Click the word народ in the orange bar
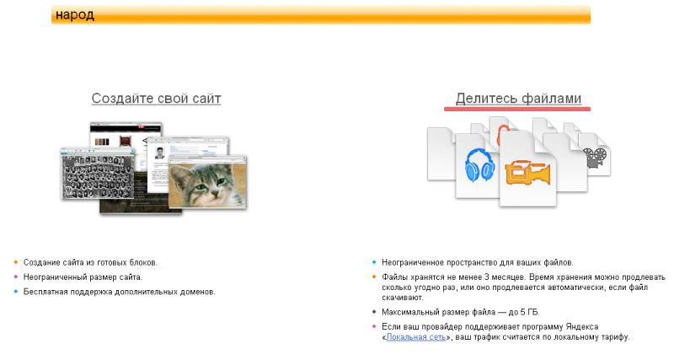(75, 15)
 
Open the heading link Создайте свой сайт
(156, 99)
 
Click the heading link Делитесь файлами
(518, 99)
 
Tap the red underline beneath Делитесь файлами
(517, 110)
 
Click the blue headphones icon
(479, 165)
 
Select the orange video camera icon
(527, 173)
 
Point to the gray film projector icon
(595, 158)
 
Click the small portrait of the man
(160, 153)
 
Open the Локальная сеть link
(415, 337)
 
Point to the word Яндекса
(581, 327)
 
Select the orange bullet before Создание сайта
(16, 262)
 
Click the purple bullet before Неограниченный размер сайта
(16, 277)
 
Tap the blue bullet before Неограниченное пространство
(374, 262)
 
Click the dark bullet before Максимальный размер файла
(374, 312)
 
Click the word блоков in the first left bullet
(143, 263)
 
